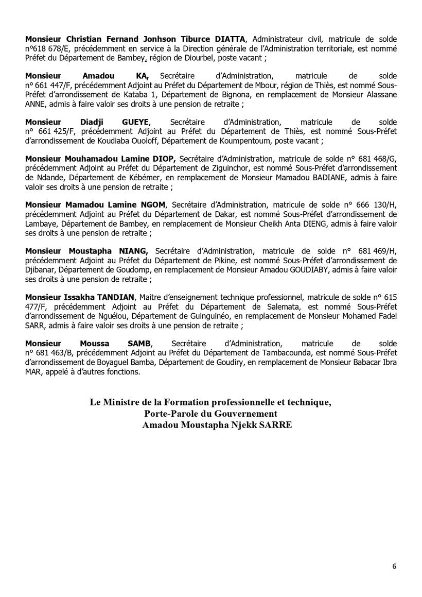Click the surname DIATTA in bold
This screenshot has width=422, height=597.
(230, 38)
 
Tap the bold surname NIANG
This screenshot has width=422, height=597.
(133, 250)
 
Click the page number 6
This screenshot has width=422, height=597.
(394, 567)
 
